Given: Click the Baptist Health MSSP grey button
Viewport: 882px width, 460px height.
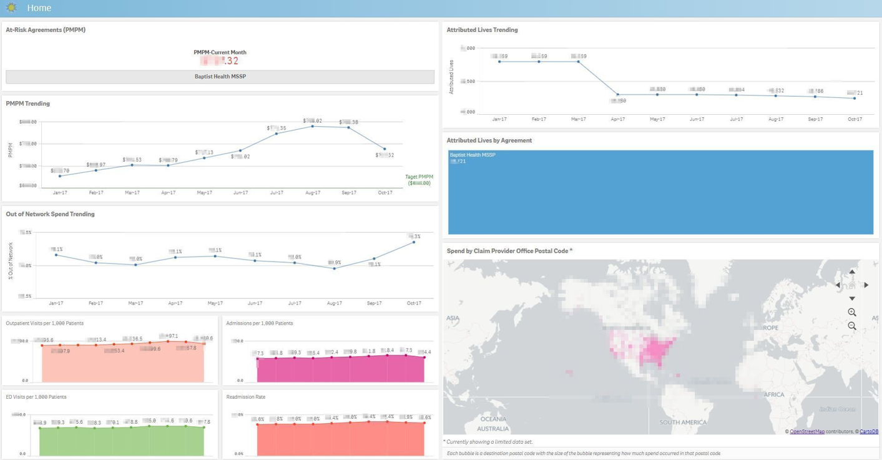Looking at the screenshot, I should pyautogui.click(x=220, y=77).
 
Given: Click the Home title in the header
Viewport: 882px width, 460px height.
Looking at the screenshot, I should pyautogui.click(x=39, y=8).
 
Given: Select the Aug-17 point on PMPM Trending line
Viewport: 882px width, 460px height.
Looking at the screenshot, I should pyautogui.click(x=313, y=126).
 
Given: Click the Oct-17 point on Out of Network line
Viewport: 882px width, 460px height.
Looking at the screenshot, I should pyautogui.click(x=414, y=242).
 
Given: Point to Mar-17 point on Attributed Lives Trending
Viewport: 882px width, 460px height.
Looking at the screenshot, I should pyautogui.click(x=579, y=62).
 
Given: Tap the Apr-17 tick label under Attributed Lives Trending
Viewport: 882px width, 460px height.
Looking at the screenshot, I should pyautogui.click(x=617, y=119).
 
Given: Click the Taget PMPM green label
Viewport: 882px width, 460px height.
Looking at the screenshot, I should pyautogui.click(x=419, y=177).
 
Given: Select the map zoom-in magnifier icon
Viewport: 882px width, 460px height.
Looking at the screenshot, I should pyautogui.click(x=852, y=312).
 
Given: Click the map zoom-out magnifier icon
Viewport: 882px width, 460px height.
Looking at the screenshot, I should pyautogui.click(x=852, y=326).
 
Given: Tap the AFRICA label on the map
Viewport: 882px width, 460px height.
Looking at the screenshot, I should pyautogui.click(x=774, y=395).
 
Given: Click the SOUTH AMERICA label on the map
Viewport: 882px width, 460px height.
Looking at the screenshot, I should pyautogui.click(x=683, y=423).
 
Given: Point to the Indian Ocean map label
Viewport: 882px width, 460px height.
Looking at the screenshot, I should pyautogui.click(x=837, y=409).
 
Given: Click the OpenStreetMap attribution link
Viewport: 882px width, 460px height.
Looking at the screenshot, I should pyautogui.click(x=806, y=431).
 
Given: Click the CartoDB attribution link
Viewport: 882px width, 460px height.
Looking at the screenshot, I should pyautogui.click(x=868, y=431).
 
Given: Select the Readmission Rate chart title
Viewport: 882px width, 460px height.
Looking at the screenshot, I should pyautogui.click(x=245, y=397).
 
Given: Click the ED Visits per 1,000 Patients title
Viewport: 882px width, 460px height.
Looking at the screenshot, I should pyautogui.click(x=36, y=397).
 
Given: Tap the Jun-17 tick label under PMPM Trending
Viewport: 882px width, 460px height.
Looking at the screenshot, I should pyautogui.click(x=240, y=193).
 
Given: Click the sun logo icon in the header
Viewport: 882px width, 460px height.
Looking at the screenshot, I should pyautogui.click(x=11, y=8).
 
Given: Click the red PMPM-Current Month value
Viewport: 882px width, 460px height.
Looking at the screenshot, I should pyautogui.click(x=220, y=61).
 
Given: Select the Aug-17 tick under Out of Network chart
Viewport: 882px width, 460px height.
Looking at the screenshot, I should pyautogui.click(x=334, y=303).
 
